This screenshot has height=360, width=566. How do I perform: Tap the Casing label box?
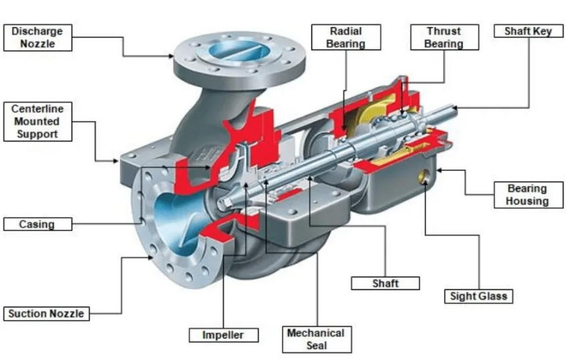(x=37, y=224)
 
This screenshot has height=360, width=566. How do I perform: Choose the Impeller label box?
(x=223, y=335)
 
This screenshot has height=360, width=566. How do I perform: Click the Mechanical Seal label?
(x=316, y=339)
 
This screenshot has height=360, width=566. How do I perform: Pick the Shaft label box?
(x=385, y=283)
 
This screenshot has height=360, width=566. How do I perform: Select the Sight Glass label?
(x=478, y=296)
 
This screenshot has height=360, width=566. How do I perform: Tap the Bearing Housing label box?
(x=527, y=195)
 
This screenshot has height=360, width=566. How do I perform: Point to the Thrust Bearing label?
(x=444, y=38)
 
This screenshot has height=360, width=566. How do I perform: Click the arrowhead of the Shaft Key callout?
(x=454, y=108)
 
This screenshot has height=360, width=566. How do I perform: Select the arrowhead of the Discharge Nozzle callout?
(x=172, y=56)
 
